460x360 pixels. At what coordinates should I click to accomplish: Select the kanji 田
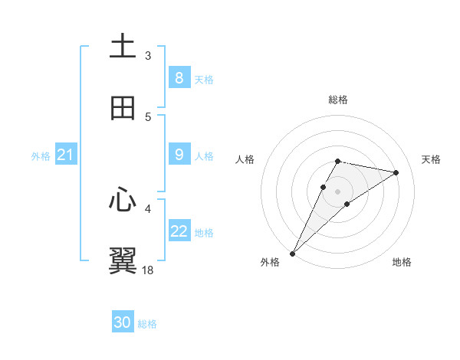pyautogui.click(x=123, y=109)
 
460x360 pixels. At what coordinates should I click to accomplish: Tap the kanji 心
pyautogui.click(x=123, y=200)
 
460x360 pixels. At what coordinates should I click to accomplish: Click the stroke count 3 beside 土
pyautogui.click(x=148, y=56)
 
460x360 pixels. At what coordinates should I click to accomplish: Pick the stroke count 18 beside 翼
pyautogui.click(x=148, y=270)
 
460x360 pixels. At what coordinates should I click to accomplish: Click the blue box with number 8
pyautogui.click(x=179, y=77)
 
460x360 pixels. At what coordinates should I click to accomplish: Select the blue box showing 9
pyautogui.click(x=179, y=155)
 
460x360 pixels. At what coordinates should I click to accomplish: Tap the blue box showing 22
pyautogui.click(x=179, y=231)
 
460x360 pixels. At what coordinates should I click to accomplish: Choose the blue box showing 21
pyautogui.click(x=66, y=155)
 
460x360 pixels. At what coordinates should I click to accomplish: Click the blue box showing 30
pyautogui.click(x=123, y=322)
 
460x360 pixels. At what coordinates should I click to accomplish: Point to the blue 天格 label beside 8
pyautogui.click(x=204, y=79)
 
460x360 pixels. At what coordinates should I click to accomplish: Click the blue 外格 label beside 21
pyautogui.click(x=41, y=156)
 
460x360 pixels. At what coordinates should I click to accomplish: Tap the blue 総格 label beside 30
pyautogui.click(x=147, y=324)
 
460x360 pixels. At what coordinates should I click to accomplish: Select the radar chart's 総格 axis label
pyautogui.click(x=338, y=100)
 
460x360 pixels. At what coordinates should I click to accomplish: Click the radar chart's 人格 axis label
pyautogui.click(x=245, y=159)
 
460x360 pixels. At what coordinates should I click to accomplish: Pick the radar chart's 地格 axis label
pyautogui.click(x=402, y=263)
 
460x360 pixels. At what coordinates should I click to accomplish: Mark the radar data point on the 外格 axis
pyautogui.click(x=293, y=253)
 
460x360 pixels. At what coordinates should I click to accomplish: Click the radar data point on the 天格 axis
pyautogui.click(x=396, y=172)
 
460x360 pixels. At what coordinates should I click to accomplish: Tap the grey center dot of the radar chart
pyautogui.click(x=338, y=191)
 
